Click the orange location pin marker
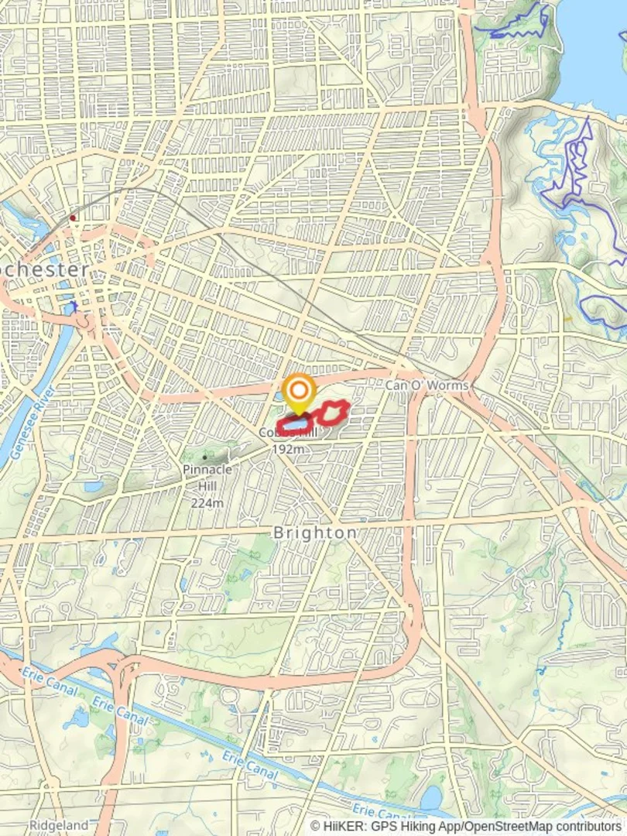coord(298,392)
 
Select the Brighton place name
coord(315,533)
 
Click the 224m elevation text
coord(207,503)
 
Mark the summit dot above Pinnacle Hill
coord(204,457)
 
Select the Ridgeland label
coord(59,826)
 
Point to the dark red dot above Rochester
coord(73,218)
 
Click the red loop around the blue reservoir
coord(296,423)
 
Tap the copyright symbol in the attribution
coord(316,826)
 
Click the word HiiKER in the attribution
coord(343,826)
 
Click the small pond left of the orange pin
coord(279,397)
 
